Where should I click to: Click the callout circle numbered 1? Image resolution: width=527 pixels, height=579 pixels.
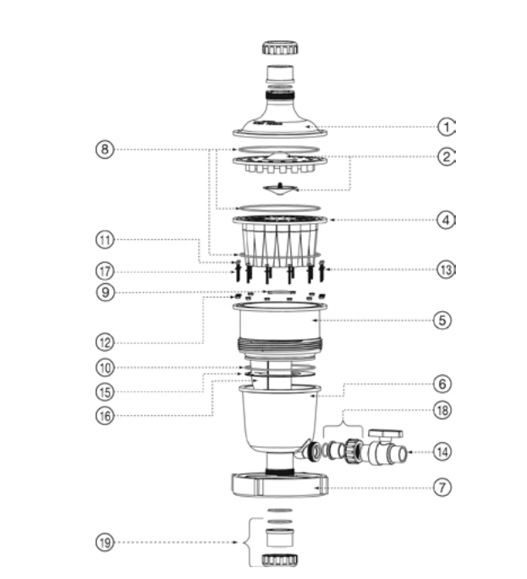pyautogui.click(x=446, y=127)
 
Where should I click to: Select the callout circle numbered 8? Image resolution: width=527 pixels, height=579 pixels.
pyautogui.click(x=105, y=150)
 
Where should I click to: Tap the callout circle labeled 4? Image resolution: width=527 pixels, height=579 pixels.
pyautogui.click(x=446, y=220)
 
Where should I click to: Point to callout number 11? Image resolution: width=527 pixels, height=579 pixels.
pyautogui.click(x=105, y=240)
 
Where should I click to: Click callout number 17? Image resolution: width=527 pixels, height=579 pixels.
pyautogui.click(x=105, y=271)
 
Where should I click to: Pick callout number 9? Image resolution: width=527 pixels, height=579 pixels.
pyautogui.click(x=105, y=294)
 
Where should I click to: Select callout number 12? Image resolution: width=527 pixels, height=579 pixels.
pyautogui.click(x=105, y=342)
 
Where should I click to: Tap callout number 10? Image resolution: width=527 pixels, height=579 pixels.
pyautogui.click(x=105, y=369)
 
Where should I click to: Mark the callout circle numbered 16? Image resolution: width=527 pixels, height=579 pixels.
pyautogui.click(x=105, y=415)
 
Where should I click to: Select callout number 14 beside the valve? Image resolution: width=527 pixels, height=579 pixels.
pyautogui.click(x=442, y=451)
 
